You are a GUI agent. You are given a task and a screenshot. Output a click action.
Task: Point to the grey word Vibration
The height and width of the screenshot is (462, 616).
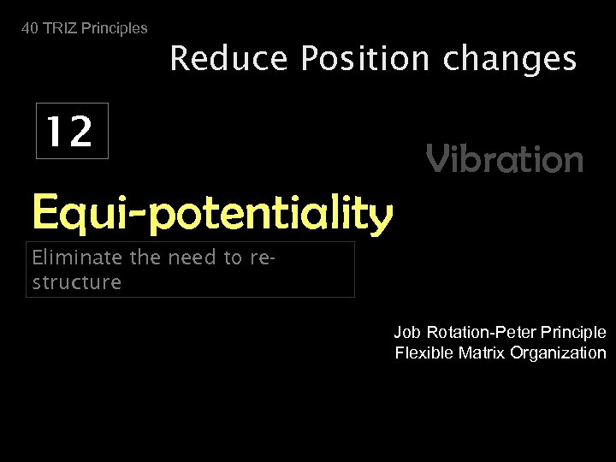pos(505,159)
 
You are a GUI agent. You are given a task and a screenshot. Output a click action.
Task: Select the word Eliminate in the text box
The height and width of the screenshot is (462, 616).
pos(78,258)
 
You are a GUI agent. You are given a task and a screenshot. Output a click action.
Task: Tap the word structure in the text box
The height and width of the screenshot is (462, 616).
pos(77,282)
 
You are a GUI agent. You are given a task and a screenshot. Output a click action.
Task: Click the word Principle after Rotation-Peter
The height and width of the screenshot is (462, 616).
pos(574,332)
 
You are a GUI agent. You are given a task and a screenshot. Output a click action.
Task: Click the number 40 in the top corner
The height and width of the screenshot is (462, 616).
pos(30,28)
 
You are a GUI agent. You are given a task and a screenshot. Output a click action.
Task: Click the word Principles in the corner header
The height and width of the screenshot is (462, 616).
pos(114,28)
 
